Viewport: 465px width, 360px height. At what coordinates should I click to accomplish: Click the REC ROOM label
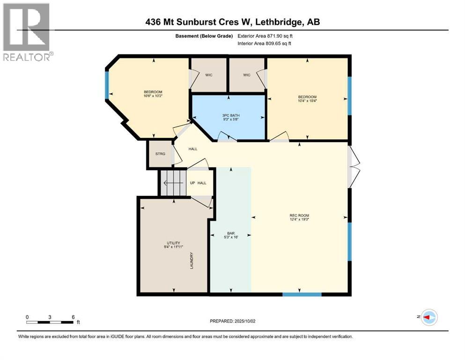coord(299,216)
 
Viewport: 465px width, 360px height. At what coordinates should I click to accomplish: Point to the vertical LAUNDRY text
coord(192,261)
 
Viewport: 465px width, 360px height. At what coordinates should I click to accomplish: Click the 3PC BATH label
coord(229,115)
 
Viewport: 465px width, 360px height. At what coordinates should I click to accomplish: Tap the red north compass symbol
coord(428,318)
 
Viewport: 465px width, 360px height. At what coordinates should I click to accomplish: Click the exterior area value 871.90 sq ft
coord(275,36)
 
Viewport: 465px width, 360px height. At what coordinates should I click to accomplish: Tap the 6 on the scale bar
coord(74,317)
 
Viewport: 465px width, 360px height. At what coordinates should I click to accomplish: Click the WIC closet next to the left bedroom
coord(209,75)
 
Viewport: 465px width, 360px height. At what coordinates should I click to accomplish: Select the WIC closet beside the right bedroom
coord(247,75)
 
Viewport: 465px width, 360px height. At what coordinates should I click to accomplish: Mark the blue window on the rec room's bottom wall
coord(302,294)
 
